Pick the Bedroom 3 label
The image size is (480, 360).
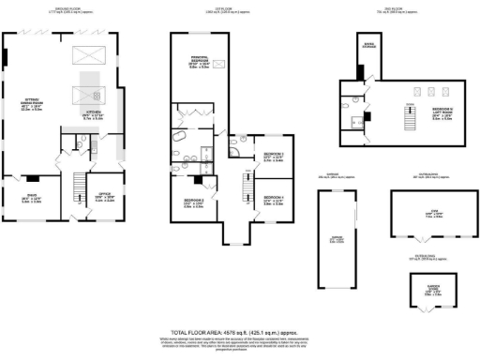click(x=262, y=157)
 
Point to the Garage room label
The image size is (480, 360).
click(x=335, y=239)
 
